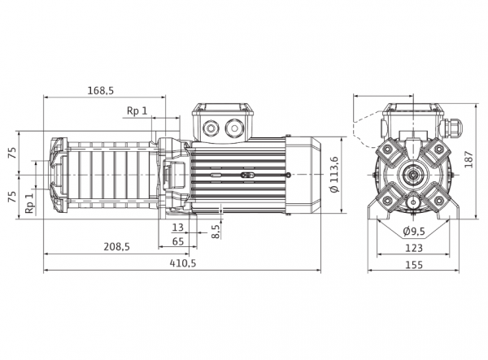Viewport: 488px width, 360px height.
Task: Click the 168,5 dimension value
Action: pyautogui.click(x=101, y=90)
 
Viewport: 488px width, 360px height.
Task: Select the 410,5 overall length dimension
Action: pyautogui.click(x=183, y=263)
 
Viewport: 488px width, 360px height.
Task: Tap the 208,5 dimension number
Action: pyautogui.click(x=116, y=247)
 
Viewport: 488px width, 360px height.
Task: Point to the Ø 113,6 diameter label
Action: pyautogui.click(x=334, y=175)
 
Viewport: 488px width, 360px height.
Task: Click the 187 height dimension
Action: pyautogui.click(x=469, y=159)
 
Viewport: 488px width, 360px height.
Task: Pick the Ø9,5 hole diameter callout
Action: pyautogui.click(x=414, y=232)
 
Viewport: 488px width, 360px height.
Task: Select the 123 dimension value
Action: pyautogui.click(x=414, y=248)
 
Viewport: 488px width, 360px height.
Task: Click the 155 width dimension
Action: pyautogui.click(x=414, y=265)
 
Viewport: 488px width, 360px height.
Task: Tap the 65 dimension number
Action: pyautogui.click(x=178, y=241)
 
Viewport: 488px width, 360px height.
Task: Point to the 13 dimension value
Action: pyautogui.click(x=177, y=228)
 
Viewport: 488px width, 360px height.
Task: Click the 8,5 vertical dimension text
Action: pyautogui.click(x=216, y=231)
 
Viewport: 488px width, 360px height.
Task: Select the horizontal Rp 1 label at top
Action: pyautogui.click(x=137, y=111)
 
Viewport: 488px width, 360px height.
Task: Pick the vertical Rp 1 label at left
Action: pyautogui.click(x=29, y=203)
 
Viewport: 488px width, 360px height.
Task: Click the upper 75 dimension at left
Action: pyautogui.click(x=13, y=154)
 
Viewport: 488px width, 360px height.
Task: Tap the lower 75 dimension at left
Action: pyautogui.click(x=13, y=197)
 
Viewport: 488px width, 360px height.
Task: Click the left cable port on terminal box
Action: pyautogui.click(x=211, y=127)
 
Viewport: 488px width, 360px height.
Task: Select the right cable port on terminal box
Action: pyautogui.click(x=234, y=127)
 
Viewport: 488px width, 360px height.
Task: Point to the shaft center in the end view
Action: pyautogui.click(x=413, y=175)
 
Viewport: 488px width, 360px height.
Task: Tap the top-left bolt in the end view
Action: pyautogui.click(x=388, y=150)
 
